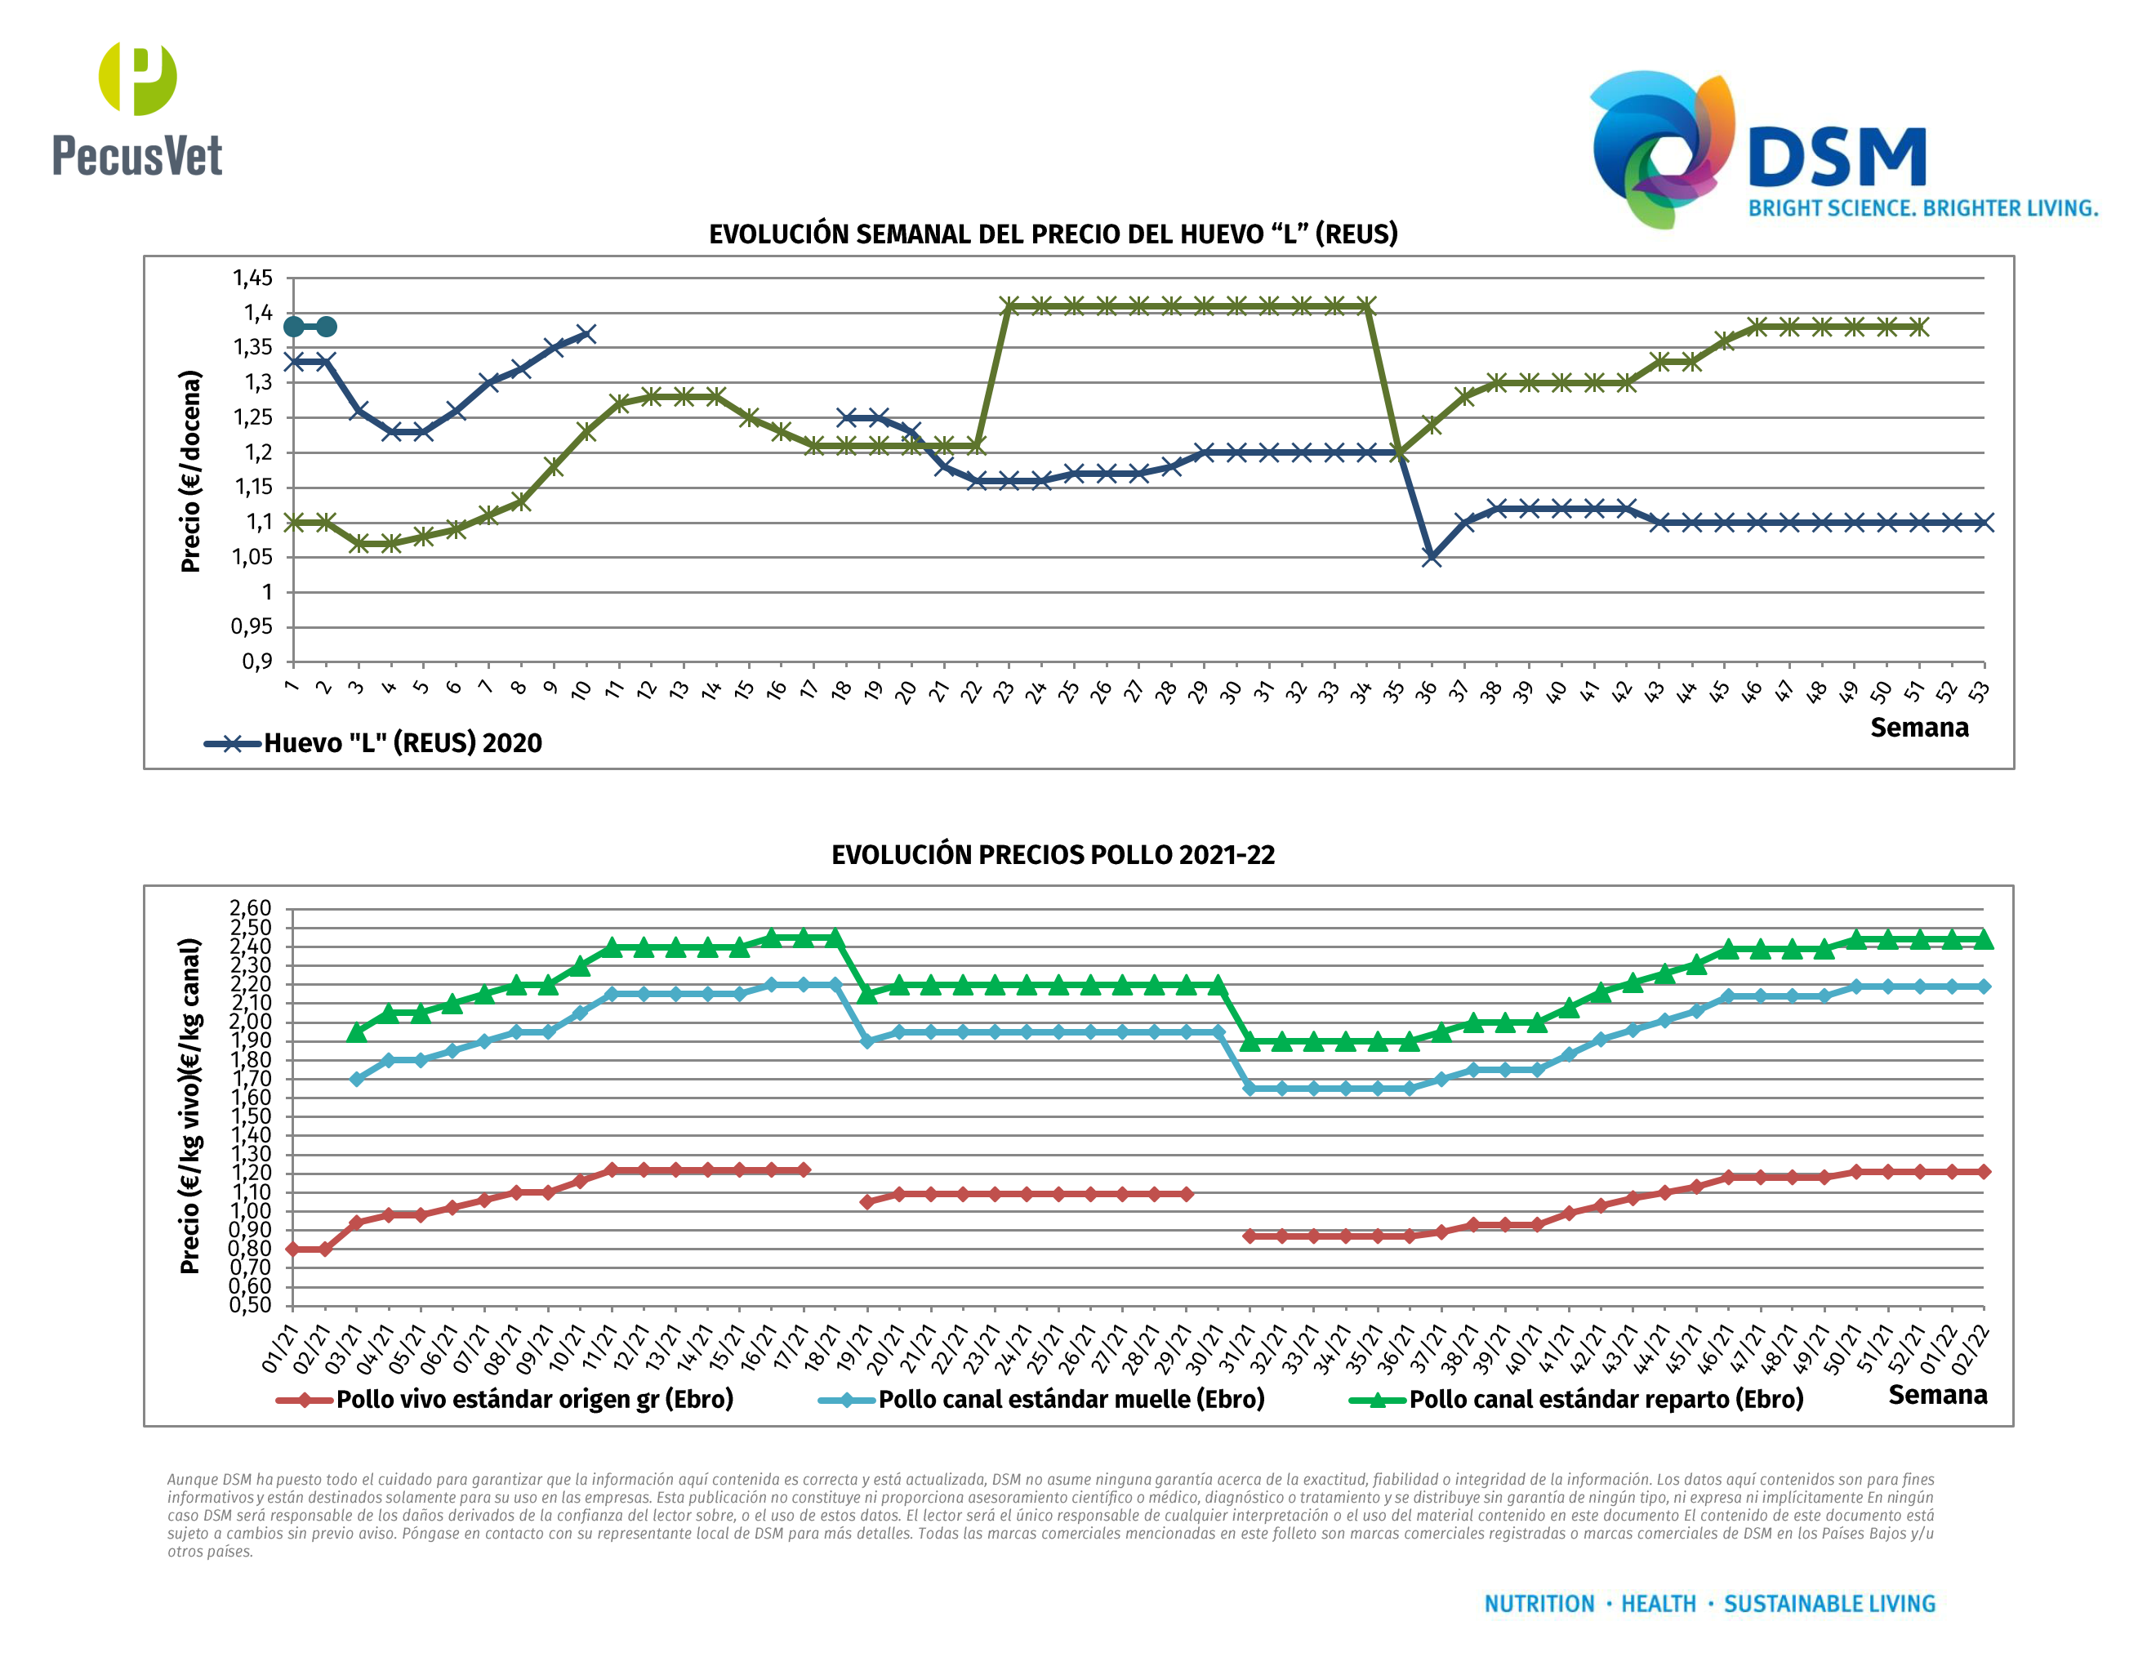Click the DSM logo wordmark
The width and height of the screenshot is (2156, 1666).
click(x=1836, y=158)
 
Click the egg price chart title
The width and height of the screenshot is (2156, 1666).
click(x=1053, y=234)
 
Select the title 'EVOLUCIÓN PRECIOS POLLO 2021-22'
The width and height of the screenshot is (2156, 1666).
click(x=1053, y=855)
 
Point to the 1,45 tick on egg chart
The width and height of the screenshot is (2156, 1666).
click(x=252, y=278)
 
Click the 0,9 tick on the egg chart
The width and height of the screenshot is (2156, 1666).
click(x=257, y=661)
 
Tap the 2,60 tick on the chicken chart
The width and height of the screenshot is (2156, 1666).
click(x=250, y=908)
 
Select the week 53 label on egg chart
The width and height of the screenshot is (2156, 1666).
click(x=1977, y=692)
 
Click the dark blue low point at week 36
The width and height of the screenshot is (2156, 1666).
click(x=1432, y=558)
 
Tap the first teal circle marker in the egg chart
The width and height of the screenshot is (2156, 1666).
click(x=294, y=327)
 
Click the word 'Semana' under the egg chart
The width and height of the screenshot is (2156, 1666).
click(x=1919, y=728)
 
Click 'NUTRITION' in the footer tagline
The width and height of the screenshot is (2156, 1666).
click(x=1539, y=1604)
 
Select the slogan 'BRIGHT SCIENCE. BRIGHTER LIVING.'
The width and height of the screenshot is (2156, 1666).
click(x=1922, y=208)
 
